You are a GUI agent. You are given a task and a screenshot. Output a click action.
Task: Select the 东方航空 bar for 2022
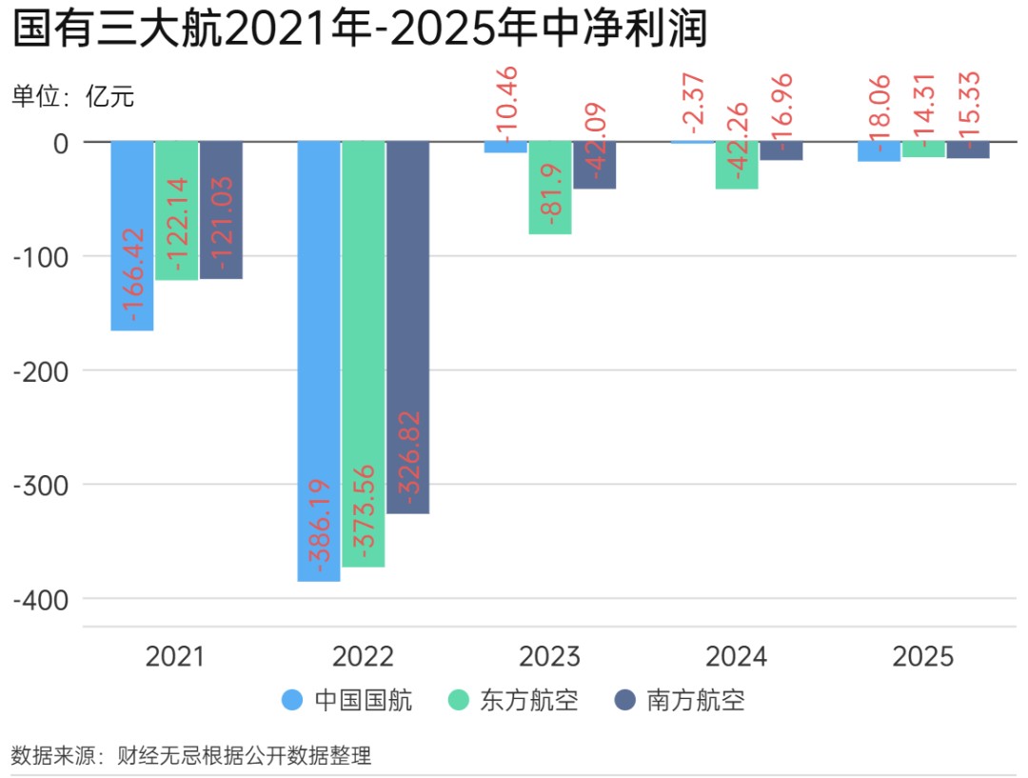(364, 353)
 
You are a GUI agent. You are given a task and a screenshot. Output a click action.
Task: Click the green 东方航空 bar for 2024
(737, 165)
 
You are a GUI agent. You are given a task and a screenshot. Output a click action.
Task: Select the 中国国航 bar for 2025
(879, 151)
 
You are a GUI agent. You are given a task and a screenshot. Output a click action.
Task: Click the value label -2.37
(693, 102)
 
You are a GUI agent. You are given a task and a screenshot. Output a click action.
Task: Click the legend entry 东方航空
(513, 701)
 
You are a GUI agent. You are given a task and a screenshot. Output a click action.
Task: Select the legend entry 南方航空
(680, 701)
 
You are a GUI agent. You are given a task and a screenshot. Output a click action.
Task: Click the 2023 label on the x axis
(549, 657)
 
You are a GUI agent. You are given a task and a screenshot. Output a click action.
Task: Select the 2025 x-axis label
(923, 657)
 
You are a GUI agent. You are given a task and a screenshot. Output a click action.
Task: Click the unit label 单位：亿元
(73, 96)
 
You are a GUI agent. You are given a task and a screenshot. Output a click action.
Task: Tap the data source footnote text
(190, 756)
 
